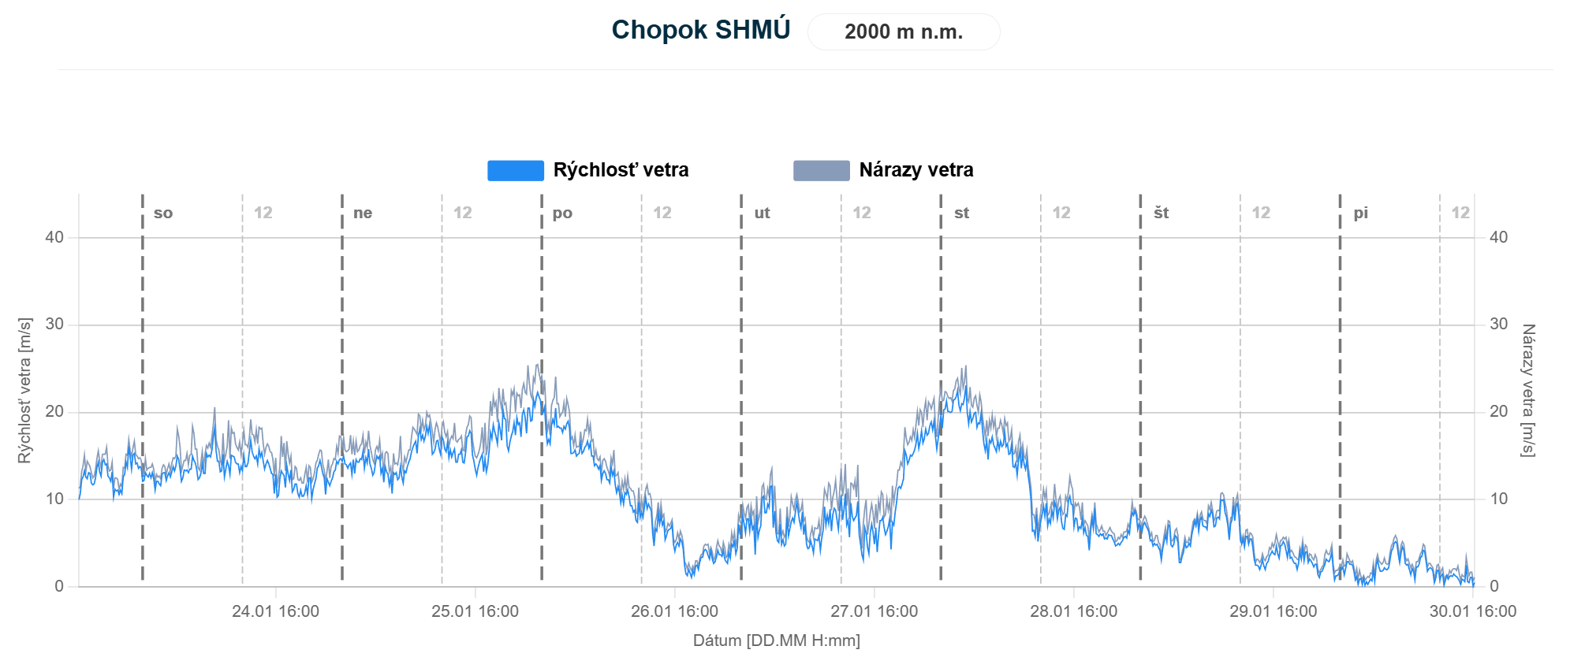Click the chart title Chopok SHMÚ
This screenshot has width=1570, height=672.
coord(700,30)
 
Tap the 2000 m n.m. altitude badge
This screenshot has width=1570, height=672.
coord(904,32)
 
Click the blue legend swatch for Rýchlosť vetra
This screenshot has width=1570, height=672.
coord(515,170)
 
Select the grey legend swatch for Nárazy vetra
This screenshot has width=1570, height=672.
coord(821,170)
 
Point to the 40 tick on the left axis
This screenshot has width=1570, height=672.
coord(54,237)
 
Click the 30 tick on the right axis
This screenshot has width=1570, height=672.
coord(1498,325)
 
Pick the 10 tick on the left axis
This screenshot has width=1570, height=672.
coord(54,499)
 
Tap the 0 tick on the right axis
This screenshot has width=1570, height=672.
coord(1494,586)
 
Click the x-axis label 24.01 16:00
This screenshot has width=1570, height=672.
coord(275,611)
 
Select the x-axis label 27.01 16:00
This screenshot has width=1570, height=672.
coord(874,611)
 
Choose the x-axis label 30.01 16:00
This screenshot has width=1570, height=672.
coord(1472,611)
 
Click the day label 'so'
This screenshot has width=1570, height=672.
coord(163,213)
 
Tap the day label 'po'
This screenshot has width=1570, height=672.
coord(562,213)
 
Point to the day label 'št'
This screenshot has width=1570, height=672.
coord(1161,213)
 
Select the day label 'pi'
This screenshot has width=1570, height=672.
coord(1361,213)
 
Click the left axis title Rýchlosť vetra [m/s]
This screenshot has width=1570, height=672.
coord(24,391)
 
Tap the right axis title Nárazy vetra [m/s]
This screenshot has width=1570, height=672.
coord(1528,391)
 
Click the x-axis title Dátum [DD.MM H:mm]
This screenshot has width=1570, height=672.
coord(776,640)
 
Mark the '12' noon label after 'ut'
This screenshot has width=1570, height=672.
coord(862,213)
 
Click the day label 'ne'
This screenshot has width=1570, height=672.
coord(363,213)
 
